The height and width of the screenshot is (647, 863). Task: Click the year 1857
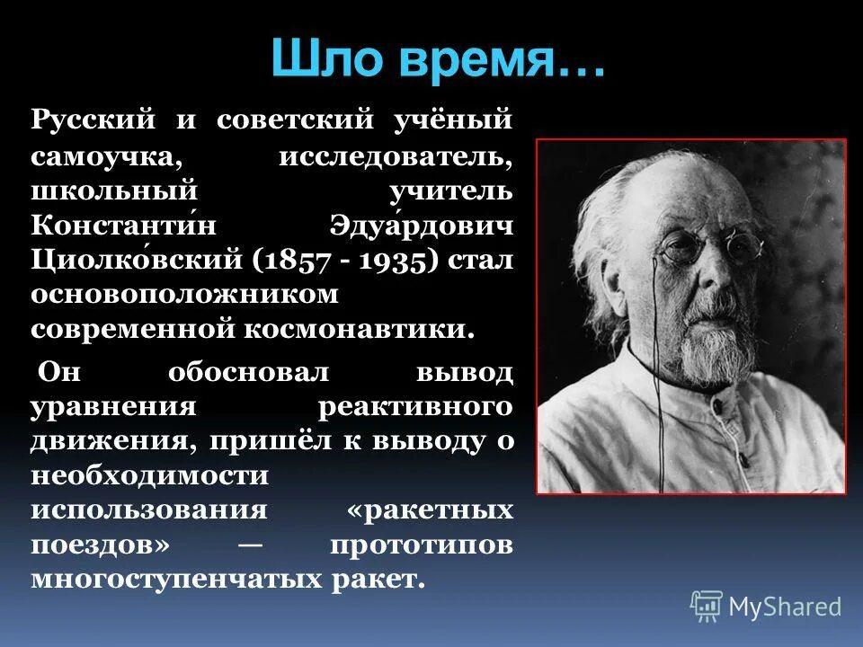(294, 260)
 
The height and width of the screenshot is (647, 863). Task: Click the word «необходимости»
(148, 474)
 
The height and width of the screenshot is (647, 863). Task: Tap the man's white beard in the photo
(710, 355)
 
